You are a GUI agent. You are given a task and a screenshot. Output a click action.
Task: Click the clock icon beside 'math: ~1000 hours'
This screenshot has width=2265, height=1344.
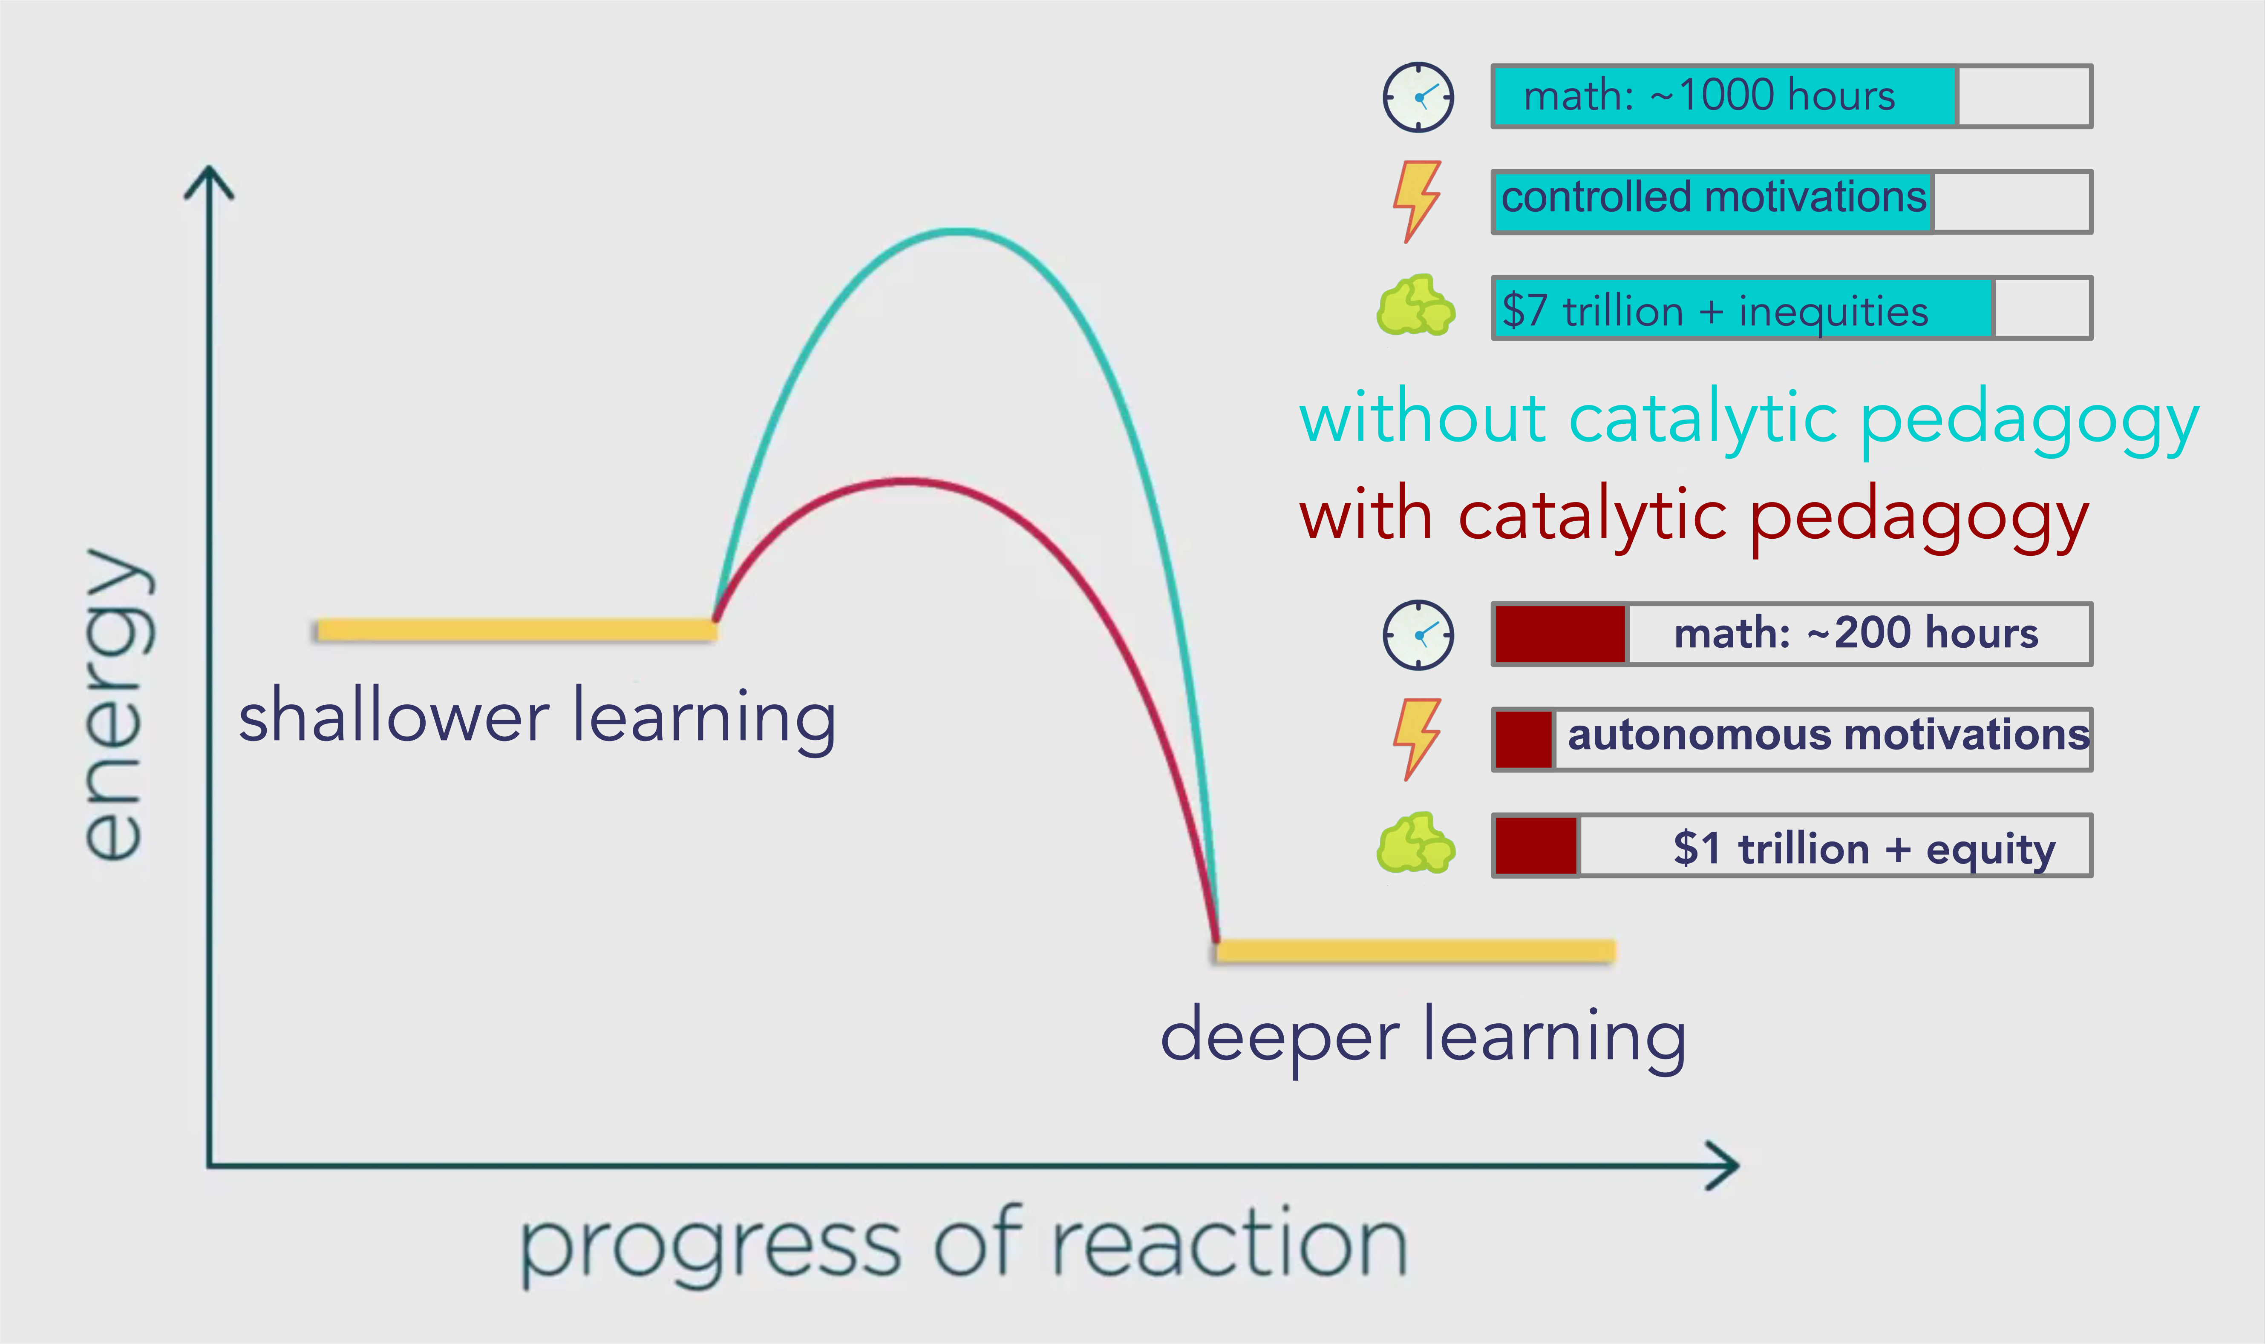[1418, 97]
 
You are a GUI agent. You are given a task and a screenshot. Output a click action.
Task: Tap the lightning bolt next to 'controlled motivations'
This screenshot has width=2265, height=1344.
[1416, 201]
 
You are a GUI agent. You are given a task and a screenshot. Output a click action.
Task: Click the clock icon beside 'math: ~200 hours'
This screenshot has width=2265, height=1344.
[1418, 635]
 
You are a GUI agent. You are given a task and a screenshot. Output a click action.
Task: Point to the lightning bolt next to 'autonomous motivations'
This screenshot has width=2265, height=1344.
[1416, 739]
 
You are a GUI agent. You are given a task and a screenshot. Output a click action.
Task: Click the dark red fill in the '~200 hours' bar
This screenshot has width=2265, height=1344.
[1559, 634]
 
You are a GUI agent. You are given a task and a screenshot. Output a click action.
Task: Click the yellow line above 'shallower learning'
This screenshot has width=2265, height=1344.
[516, 629]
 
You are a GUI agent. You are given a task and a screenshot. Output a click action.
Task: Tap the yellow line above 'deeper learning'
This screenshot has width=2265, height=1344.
[1415, 950]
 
